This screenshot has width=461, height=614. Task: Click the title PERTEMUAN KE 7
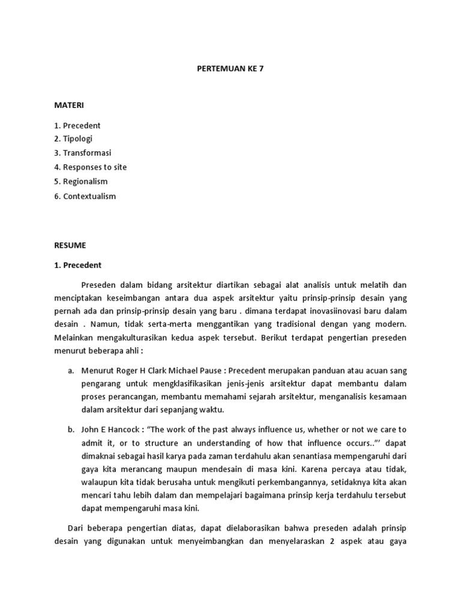pyautogui.click(x=230, y=69)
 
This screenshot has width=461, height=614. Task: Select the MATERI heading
pyautogui.click(x=70, y=105)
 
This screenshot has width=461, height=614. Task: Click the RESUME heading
pyautogui.click(x=70, y=245)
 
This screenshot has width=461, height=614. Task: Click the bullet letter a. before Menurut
pyautogui.click(x=71, y=371)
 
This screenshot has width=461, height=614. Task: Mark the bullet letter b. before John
pyautogui.click(x=71, y=429)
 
